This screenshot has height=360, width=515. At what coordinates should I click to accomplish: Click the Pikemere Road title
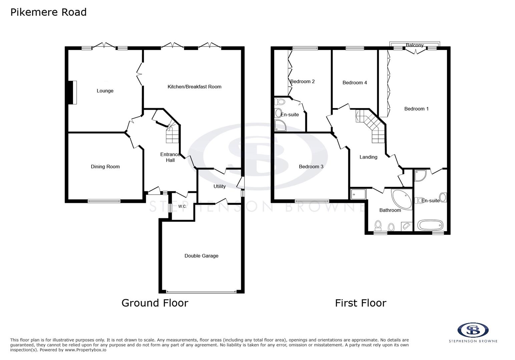pyautogui.click(x=48, y=12)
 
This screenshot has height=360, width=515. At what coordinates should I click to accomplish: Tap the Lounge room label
pyautogui.click(x=105, y=91)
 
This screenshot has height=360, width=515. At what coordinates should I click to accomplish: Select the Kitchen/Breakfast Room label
pyautogui.click(x=194, y=87)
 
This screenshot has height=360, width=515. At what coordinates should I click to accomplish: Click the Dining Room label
pyautogui.click(x=105, y=167)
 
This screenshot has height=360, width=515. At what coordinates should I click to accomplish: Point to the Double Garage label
pyautogui.click(x=201, y=256)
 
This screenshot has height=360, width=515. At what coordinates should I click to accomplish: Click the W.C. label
pyautogui.click(x=182, y=206)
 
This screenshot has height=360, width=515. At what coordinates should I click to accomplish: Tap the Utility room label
pyautogui.click(x=219, y=186)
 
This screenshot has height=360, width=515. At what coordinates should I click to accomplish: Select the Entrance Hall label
pyautogui.click(x=170, y=157)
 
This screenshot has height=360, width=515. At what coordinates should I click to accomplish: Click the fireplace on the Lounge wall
pyautogui.click(x=71, y=92)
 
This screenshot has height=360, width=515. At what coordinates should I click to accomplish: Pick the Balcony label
pyautogui.click(x=415, y=45)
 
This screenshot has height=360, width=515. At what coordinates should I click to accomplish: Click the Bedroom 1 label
pyautogui.click(x=416, y=109)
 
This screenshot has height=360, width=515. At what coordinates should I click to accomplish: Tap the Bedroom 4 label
pyautogui.click(x=355, y=83)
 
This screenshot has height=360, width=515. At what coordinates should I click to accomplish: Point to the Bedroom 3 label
pyautogui.click(x=311, y=167)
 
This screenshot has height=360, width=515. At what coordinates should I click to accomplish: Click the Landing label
pyautogui.click(x=368, y=157)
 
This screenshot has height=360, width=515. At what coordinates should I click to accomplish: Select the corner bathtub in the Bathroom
pyautogui.click(x=401, y=199)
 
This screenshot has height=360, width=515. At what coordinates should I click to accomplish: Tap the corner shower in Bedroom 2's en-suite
pyautogui.click(x=280, y=126)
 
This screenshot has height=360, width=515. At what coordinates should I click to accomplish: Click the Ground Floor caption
pyautogui.click(x=155, y=303)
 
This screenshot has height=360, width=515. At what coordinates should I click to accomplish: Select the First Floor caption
pyautogui.click(x=361, y=303)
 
